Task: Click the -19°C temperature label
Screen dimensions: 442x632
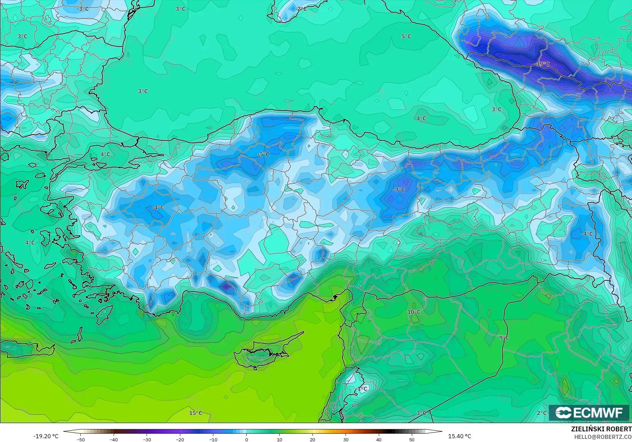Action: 542,64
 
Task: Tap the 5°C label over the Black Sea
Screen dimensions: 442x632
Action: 406,36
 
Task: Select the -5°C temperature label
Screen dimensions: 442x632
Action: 263,155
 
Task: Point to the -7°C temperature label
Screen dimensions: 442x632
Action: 399,190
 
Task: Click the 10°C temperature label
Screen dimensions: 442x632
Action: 414,312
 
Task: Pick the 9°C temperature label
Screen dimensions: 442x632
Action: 504,338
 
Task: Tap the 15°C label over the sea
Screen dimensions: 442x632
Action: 195,413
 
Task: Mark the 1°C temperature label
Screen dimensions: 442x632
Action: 362,389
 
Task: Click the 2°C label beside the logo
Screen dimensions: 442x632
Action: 541,413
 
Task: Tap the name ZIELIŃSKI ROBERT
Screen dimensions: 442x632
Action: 601,429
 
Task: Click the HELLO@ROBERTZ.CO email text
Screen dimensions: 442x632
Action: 603,437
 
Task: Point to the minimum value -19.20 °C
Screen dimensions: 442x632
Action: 46,436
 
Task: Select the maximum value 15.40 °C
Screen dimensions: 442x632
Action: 460,436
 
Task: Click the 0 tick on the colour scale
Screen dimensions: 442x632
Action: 246,439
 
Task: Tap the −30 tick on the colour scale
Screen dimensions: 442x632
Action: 147,439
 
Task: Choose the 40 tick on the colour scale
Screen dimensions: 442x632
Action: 379,439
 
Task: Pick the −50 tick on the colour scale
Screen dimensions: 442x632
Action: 81,439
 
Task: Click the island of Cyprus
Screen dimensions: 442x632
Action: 261,354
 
